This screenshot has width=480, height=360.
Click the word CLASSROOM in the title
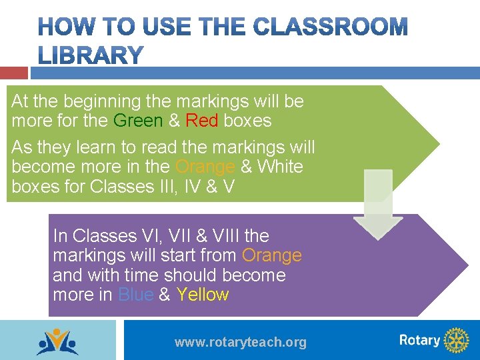(331, 27)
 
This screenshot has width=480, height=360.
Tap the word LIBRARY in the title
(91, 55)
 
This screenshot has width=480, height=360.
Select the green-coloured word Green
(138, 121)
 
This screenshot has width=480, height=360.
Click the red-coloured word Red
(202, 121)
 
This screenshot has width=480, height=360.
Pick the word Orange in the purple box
(272, 255)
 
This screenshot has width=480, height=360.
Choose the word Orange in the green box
(205, 167)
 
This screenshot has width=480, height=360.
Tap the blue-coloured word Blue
(135, 295)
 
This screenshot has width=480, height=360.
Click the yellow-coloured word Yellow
(203, 295)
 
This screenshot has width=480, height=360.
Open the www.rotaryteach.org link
(241, 343)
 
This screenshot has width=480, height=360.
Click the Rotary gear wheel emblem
(457, 341)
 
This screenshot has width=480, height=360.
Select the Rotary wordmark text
(419, 341)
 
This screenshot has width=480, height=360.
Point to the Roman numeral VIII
(221, 236)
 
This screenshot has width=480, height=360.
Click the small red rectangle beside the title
(14, 73)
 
